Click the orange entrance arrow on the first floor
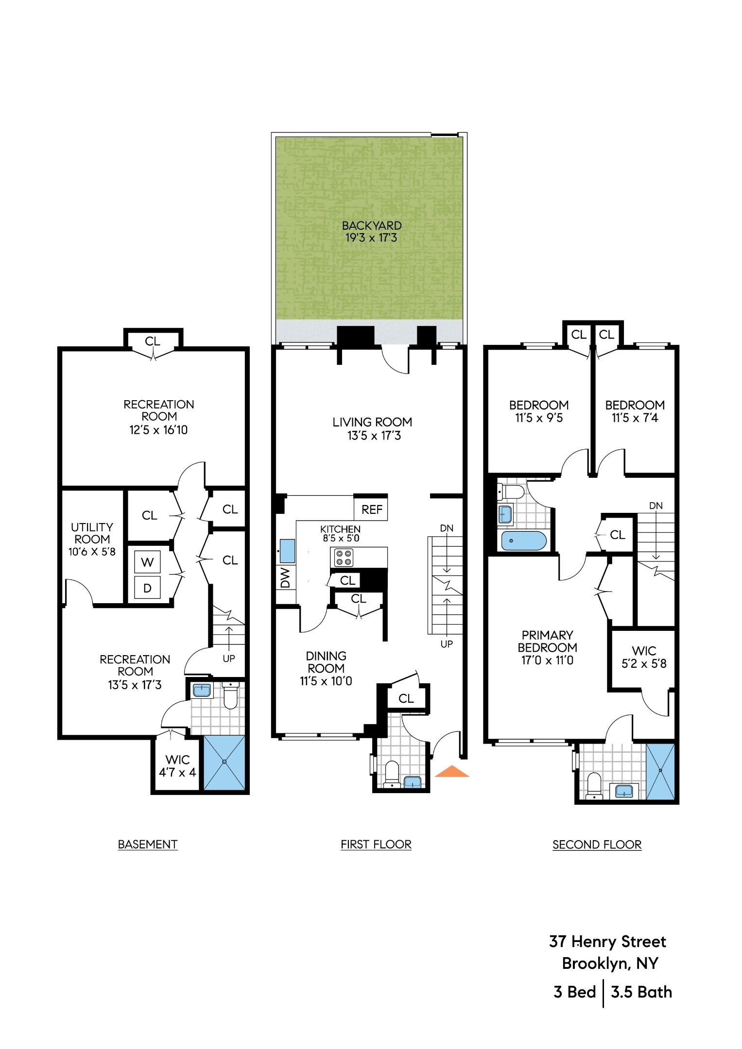point(451,772)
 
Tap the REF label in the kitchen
point(372,509)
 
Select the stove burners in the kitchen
point(344,558)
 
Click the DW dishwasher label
point(286,578)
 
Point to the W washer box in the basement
point(147,562)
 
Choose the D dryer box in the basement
point(147,588)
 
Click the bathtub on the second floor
point(524,541)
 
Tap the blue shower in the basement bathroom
point(224,762)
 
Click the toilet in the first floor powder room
point(392,774)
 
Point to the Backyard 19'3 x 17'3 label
point(372,232)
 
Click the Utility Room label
point(92,539)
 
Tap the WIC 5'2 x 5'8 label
point(644,657)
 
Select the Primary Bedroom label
point(547,647)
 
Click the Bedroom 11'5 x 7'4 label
point(635,411)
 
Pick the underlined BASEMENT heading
point(148,845)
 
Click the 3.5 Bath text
point(641,992)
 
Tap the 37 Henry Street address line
point(607,942)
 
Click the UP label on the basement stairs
point(229,659)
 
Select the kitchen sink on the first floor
point(287,550)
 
